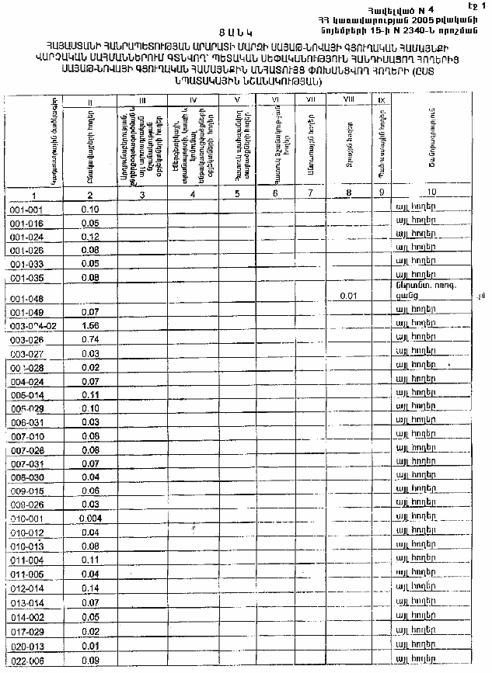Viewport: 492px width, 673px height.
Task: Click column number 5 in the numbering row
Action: tap(236, 194)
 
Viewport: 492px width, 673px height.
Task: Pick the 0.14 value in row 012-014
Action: tap(91, 588)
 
